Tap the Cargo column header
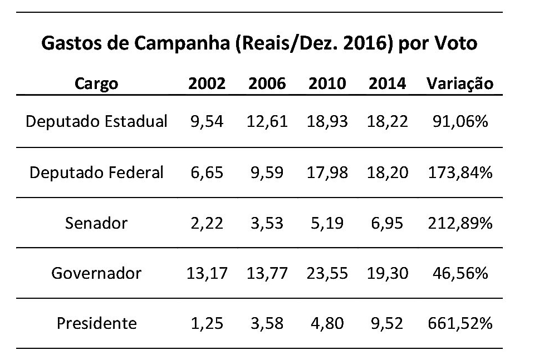[96, 84]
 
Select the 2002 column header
[207, 83]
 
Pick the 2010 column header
[327, 83]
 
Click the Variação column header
[460, 84]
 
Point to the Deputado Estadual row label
[96, 122]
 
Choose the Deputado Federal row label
[96, 172]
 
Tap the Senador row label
[96, 223]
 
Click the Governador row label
[96, 273]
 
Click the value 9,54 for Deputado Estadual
[207, 122]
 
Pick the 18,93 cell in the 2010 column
[327, 122]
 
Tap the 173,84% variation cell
[460, 172]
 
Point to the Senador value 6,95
[387, 224]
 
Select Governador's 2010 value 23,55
[327, 274]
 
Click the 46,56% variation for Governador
[460, 273]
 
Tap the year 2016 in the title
[365, 43]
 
